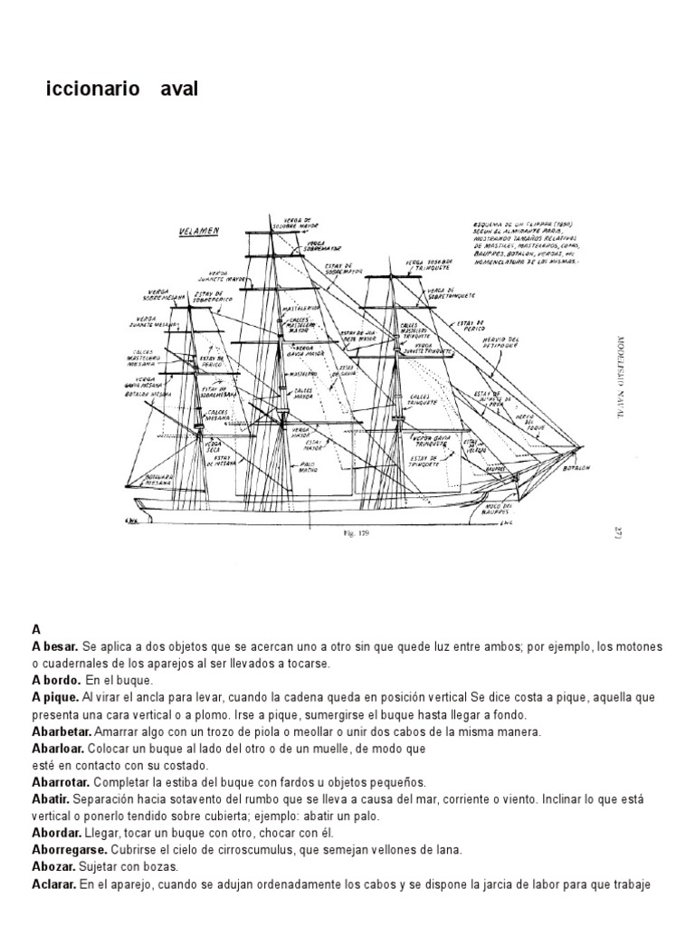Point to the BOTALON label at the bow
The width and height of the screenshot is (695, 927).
click(576, 468)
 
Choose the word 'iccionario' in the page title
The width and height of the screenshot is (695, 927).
click(93, 91)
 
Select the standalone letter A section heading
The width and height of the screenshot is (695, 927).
click(36, 629)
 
